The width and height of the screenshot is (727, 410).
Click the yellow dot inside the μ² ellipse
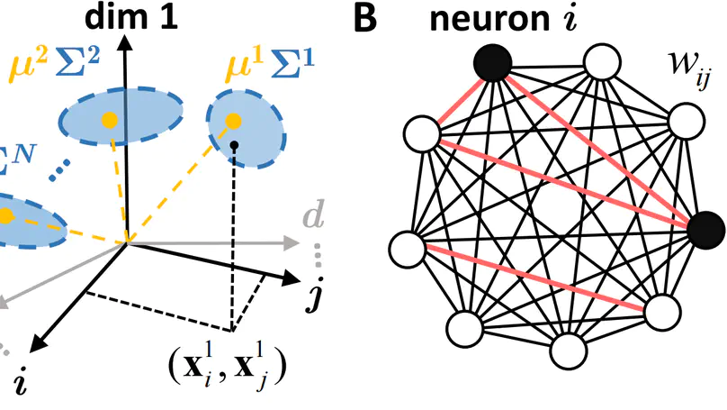(x=109, y=119)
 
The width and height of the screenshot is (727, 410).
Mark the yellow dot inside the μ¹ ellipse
(x=233, y=119)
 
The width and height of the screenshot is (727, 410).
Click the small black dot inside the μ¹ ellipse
(x=234, y=145)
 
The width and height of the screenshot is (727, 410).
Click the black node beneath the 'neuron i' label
(x=492, y=63)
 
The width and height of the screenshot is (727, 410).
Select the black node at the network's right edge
(x=705, y=232)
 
